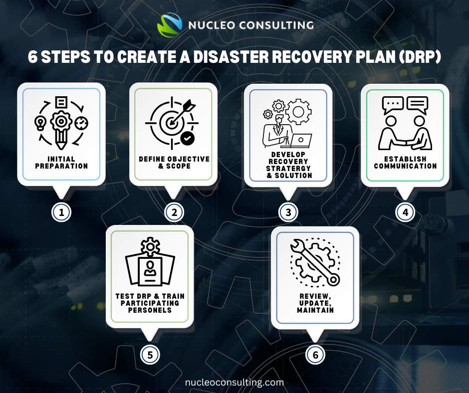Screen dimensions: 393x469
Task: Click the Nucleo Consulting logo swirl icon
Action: pos(170,24)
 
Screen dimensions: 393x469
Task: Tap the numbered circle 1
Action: pos(61,212)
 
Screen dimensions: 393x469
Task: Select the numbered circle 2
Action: pos(174,212)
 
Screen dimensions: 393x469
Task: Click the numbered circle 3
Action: pos(288,212)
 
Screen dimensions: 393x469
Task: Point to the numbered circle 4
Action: pos(405,212)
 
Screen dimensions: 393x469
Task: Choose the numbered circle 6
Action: pos(315,355)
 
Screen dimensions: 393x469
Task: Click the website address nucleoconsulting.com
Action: pos(234,383)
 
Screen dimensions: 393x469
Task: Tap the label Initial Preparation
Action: pos(61,163)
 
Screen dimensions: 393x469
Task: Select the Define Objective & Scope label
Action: pos(174,162)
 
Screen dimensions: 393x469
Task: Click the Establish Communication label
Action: pos(405,163)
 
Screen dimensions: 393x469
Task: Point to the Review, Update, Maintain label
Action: pos(315,303)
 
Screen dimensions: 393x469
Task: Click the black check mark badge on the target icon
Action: pos(188,138)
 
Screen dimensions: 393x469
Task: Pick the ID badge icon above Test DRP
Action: pos(150,269)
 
